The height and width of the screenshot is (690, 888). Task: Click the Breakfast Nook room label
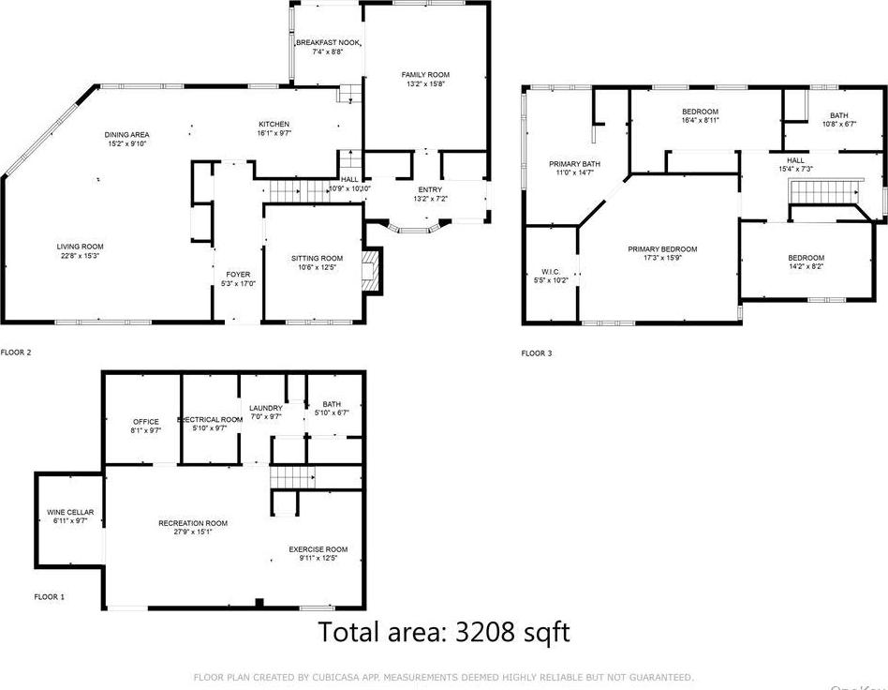328,43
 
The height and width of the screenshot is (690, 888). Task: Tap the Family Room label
425,74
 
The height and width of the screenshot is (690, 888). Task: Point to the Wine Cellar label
69,512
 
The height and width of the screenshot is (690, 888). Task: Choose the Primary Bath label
574,164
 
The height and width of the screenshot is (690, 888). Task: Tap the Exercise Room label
318,549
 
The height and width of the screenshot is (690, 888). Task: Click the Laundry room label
266,408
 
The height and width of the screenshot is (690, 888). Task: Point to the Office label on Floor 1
145,421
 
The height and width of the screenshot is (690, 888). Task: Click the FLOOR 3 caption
537,353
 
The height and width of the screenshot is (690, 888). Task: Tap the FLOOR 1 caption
50,596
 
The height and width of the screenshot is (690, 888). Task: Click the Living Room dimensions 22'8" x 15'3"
80,256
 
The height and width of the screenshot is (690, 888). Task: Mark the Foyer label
238,274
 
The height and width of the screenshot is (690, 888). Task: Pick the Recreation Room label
193,523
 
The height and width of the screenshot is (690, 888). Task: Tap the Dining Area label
126,134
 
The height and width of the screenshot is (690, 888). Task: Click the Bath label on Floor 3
838,115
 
